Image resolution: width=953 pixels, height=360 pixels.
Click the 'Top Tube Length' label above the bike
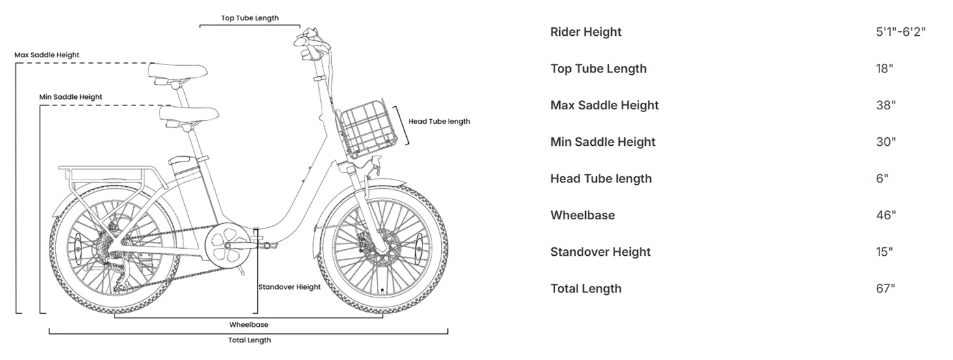tap(249, 18)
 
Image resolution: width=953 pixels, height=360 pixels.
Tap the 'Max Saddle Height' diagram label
tap(47, 55)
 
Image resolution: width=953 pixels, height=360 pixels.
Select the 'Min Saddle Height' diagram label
tap(70, 97)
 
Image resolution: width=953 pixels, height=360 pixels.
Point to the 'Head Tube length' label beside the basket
tap(439, 121)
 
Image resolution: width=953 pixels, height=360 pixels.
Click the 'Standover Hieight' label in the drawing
tap(289, 287)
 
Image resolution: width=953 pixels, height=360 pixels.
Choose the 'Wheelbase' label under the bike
tap(249, 324)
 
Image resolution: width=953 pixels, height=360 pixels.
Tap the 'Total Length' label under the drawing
tap(249, 340)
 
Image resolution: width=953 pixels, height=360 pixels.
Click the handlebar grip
tap(307, 40)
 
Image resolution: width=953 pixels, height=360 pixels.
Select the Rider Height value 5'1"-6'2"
tap(900, 32)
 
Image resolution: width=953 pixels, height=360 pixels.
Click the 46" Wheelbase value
tap(885, 215)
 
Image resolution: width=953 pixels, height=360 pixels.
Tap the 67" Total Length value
tap(885, 288)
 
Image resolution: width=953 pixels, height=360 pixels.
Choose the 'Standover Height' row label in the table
tap(600, 252)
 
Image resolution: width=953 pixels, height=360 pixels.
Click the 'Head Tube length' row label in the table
tap(600, 178)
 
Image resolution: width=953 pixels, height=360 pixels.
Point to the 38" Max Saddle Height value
tap(885, 105)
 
